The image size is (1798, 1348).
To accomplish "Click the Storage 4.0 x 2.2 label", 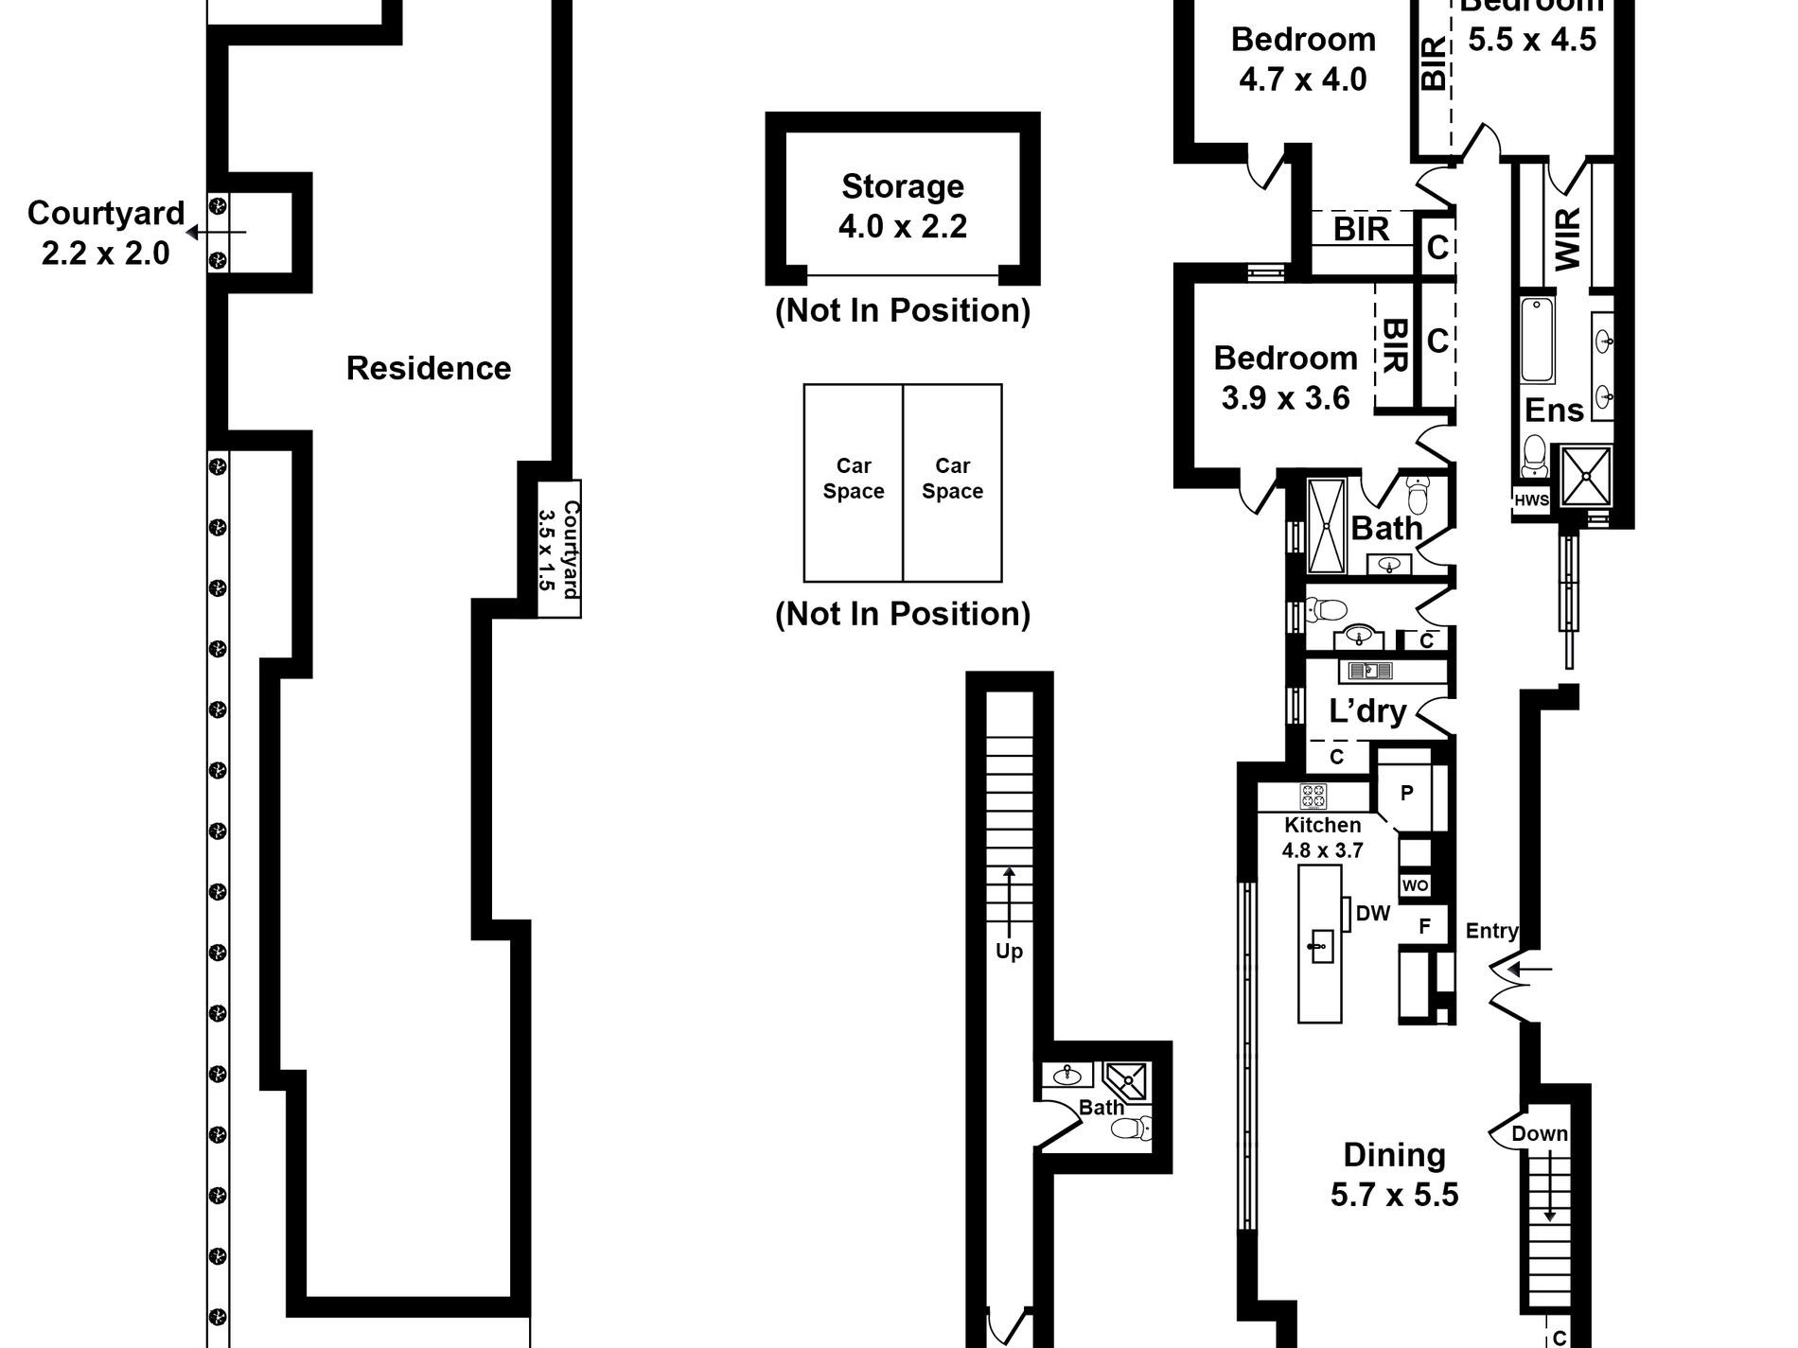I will pos(902,206).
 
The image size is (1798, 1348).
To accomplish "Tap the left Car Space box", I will pos(853,480).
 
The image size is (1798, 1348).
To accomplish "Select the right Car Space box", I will pos(952,480).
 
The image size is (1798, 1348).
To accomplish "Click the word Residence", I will pos(428,368).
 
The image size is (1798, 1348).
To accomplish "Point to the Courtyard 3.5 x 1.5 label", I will pos(558,549).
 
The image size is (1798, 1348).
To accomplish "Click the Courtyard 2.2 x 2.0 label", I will pos(105,233).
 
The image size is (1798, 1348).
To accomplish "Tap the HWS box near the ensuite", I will pos(1531,500).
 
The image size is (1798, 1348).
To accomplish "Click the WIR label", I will pos(1567,238).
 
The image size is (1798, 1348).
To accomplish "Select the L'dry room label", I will pos(1367,710).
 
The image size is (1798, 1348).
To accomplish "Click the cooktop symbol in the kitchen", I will pos(1313,797).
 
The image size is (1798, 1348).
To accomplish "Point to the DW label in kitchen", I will pos(1372,914).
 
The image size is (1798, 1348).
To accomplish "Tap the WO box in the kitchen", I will pos(1415,885).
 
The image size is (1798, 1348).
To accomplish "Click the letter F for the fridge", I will pos(1424,927).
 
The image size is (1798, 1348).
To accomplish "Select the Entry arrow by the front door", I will pos(1529,969).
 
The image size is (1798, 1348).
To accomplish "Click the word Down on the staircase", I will pos(1539,1133).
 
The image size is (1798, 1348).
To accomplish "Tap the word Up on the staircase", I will pos(1009,951).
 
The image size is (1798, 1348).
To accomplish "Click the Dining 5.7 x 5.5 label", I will pos(1394,1174).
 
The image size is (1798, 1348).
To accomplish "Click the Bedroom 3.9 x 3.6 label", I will pos(1285,377).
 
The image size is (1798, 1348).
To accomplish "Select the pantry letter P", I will pos(1406,793).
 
